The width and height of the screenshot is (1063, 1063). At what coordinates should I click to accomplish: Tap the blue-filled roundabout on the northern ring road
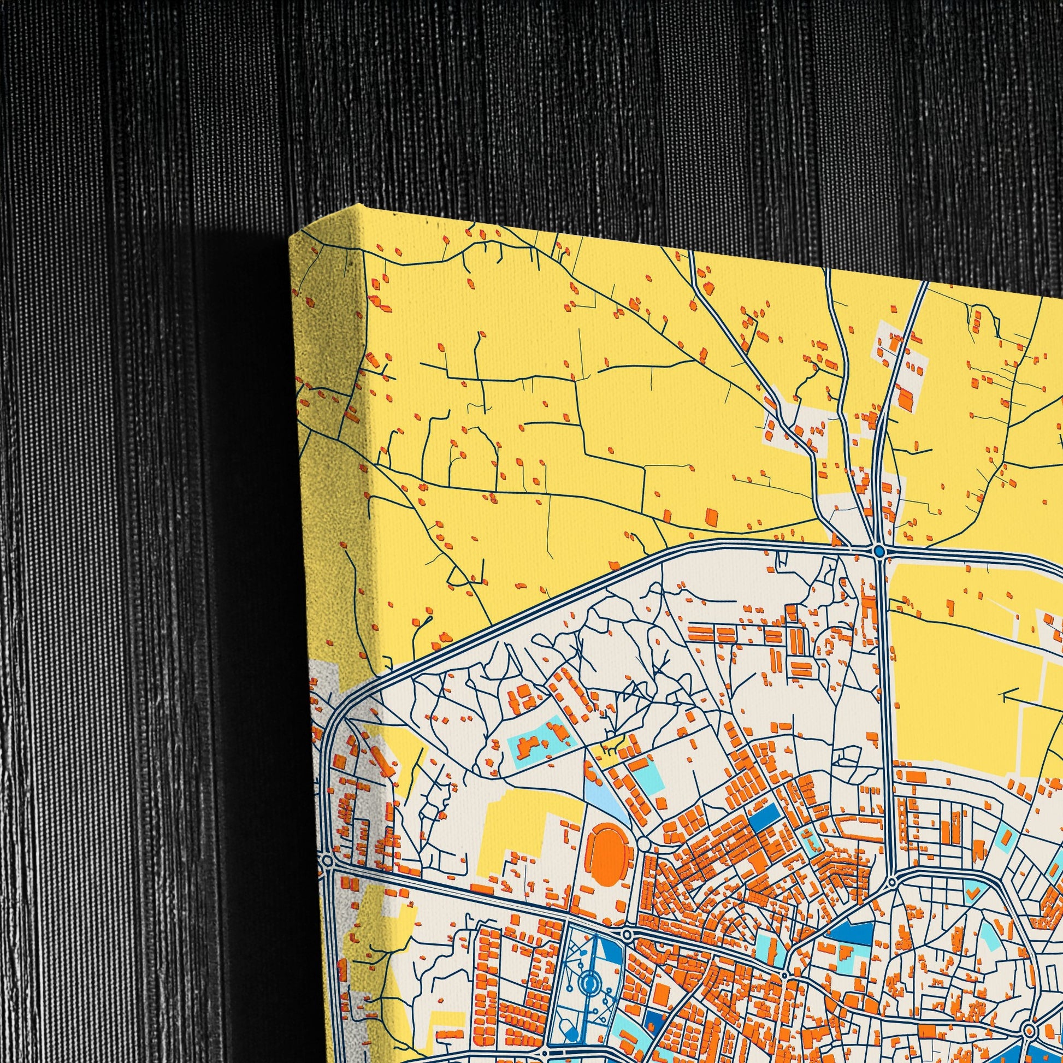879,551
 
